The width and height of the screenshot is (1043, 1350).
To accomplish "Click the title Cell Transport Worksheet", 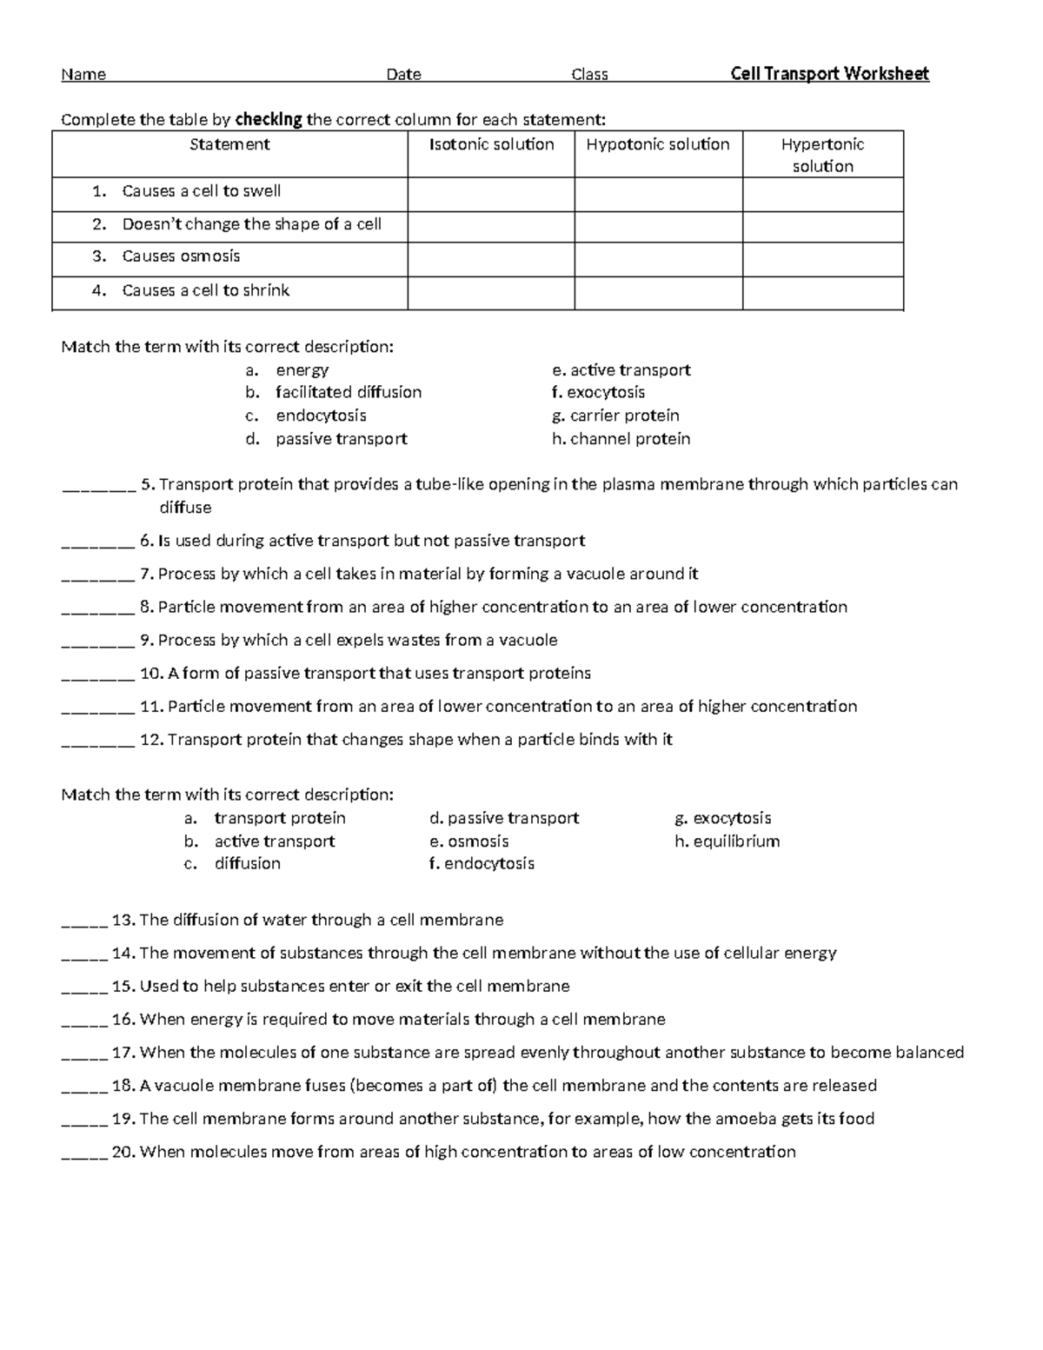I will [x=829, y=74].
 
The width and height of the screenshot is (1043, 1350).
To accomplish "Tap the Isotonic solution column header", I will [x=491, y=144].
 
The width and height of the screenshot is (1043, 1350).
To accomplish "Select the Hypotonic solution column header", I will [x=658, y=144].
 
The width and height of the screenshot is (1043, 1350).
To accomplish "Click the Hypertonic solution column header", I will [x=822, y=155].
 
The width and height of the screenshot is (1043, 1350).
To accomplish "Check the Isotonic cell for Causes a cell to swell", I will [x=491, y=195].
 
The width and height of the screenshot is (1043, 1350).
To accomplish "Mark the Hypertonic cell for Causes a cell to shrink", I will [x=822, y=293].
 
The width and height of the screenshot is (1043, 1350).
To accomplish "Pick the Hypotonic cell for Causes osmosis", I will [x=658, y=260].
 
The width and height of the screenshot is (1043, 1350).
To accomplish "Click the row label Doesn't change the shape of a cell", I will [x=251, y=224].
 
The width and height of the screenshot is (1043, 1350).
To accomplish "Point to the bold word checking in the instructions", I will [x=269, y=119].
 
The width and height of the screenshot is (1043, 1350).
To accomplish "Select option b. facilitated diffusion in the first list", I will [x=348, y=392].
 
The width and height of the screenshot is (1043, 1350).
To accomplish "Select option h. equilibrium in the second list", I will [x=727, y=841].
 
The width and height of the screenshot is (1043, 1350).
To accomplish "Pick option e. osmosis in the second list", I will [x=468, y=841].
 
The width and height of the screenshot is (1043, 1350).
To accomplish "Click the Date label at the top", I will [x=403, y=75].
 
